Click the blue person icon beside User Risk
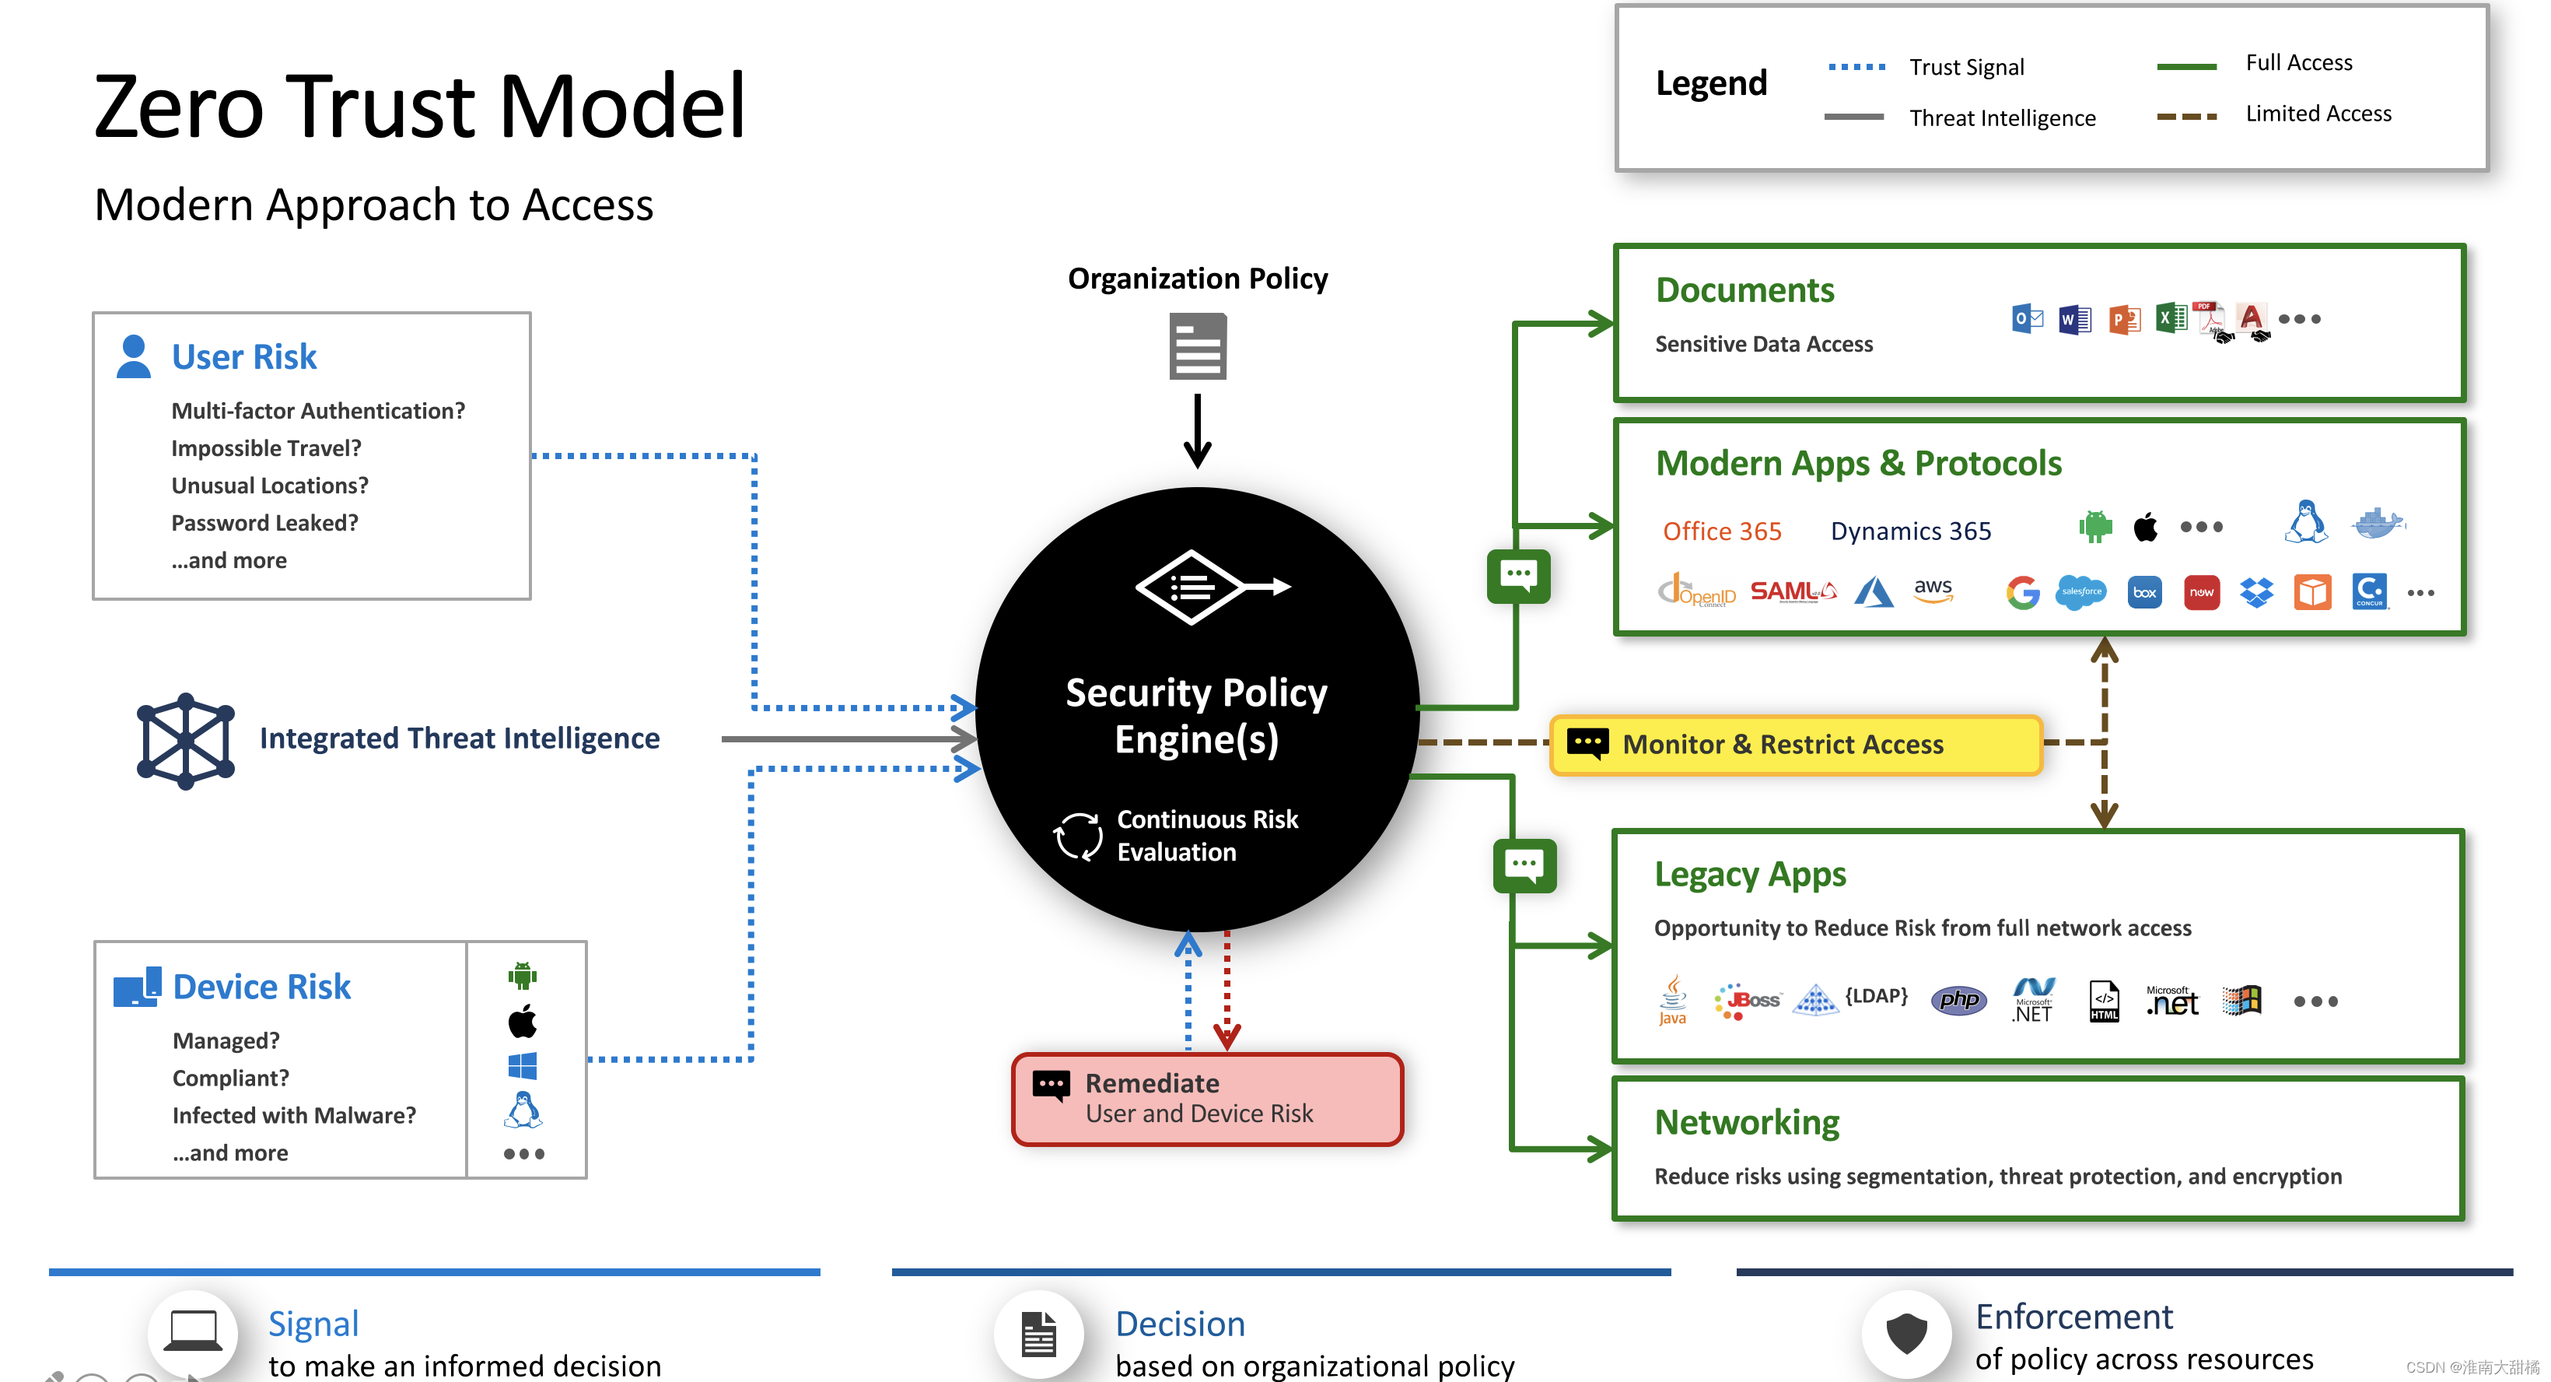coord(134,356)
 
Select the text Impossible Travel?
coord(265,449)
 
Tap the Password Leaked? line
coord(264,523)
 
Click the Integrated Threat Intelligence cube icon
coord(185,740)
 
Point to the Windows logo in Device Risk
coord(522,1066)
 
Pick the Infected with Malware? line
coord(294,1116)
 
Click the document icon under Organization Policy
coord(1197,347)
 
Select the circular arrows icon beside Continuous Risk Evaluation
coord(1077,837)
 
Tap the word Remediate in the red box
coord(1152,1083)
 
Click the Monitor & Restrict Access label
coord(1783,744)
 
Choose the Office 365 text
coord(1722,532)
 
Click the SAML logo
coord(1793,591)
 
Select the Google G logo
coord(2022,592)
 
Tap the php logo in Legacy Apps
coord(1958,1001)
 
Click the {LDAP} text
coord(1876,995)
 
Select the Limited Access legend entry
coord(2318,114)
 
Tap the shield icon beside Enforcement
coord(1905,1334)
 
